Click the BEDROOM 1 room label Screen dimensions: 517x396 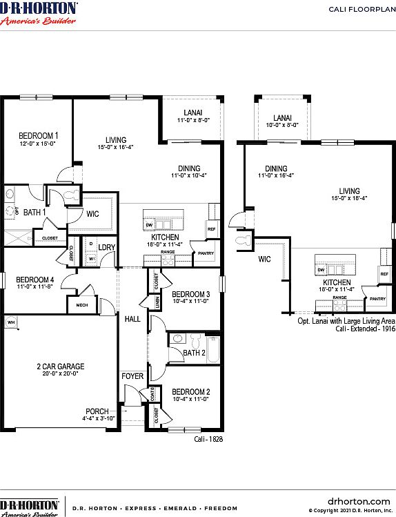[x=38, y=135]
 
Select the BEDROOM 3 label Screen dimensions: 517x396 [x=186, y=294]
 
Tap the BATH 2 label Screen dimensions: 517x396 [x=194, y=353]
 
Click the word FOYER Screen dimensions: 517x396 [x=132, y=376]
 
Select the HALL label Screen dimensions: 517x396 [x=132, y=319]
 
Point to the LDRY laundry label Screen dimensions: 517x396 [x=106, y=246]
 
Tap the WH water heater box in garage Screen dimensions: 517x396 [x=11, y=322]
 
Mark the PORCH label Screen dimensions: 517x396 [x=97, y=411]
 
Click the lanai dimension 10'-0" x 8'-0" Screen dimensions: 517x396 [x=281, y=125]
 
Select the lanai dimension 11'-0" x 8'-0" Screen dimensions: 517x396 [x=192, y=119]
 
